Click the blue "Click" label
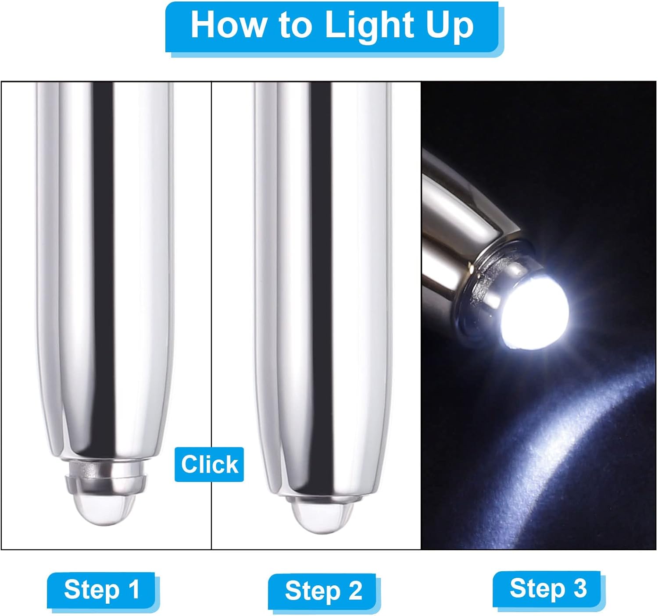[x=209, y=464]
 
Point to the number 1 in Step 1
[x=135, y=590]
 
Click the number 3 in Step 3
[x=580, y=588]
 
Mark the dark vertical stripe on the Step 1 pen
[x=104, y=265]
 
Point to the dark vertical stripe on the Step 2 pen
[x=321, y=281]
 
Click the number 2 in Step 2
[x=355, y=591]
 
